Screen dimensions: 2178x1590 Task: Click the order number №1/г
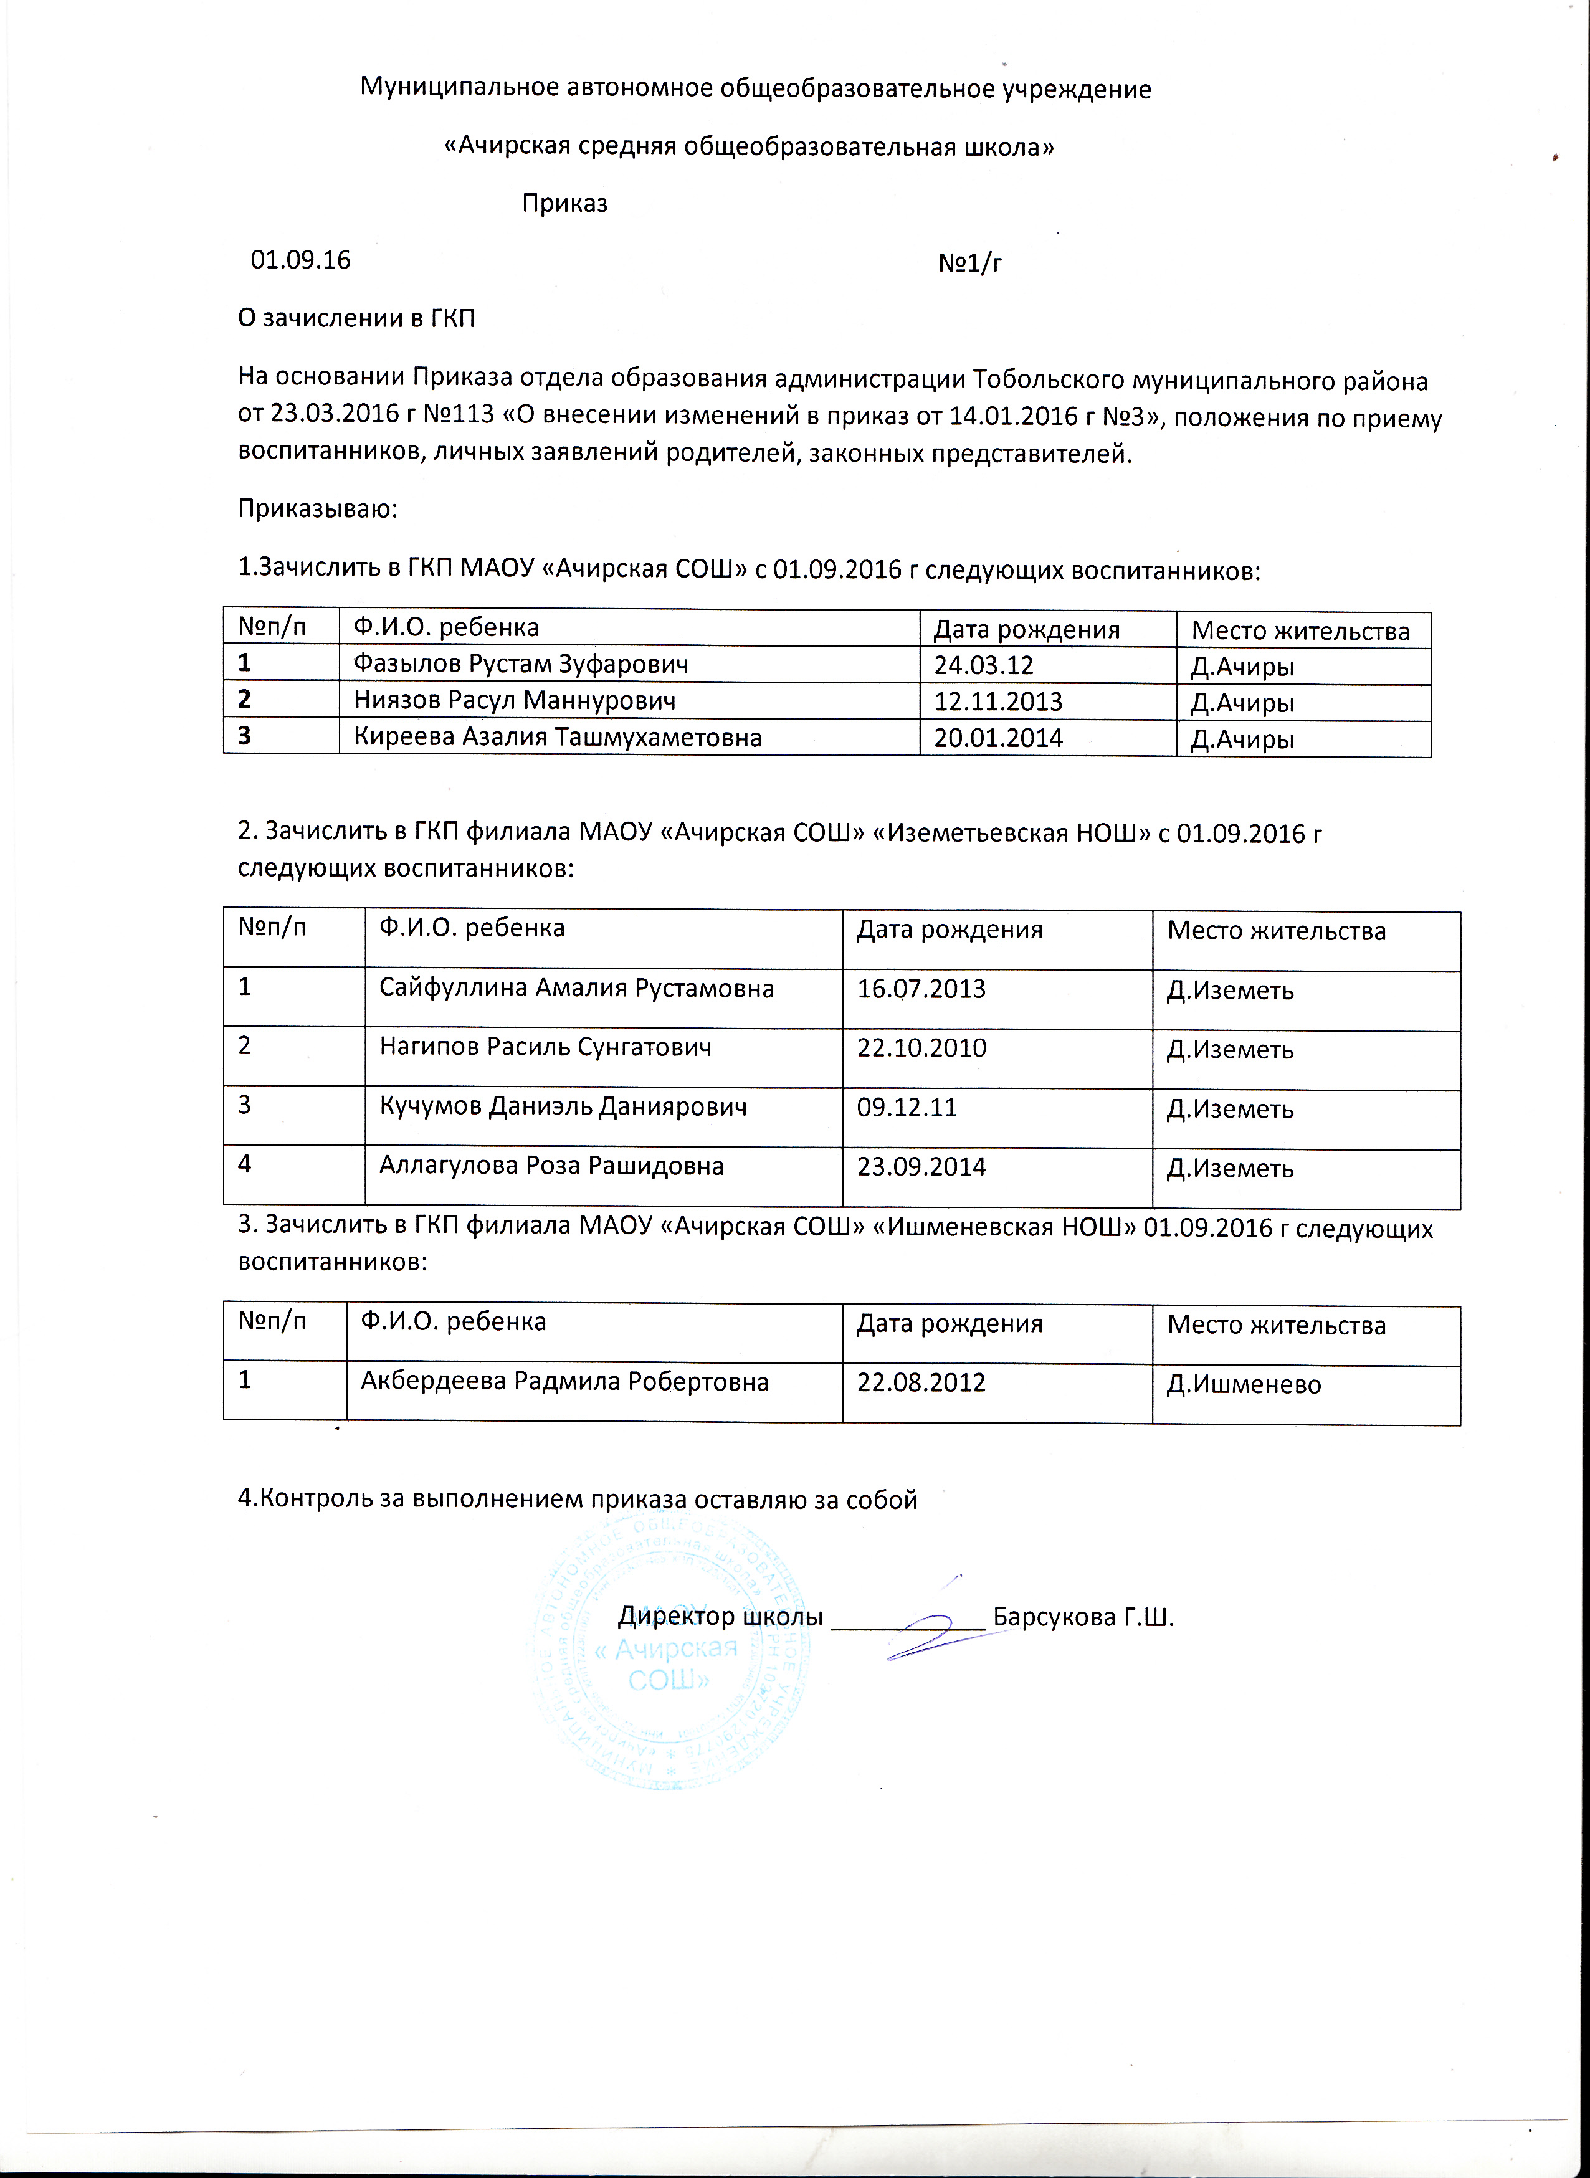[969, 262]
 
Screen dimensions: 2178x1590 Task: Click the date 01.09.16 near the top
[300, 260]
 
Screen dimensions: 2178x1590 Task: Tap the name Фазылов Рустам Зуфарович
[521, 664]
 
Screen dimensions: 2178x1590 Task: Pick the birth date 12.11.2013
[998, 701]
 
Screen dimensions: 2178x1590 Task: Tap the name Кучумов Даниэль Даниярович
[563, 1107]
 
